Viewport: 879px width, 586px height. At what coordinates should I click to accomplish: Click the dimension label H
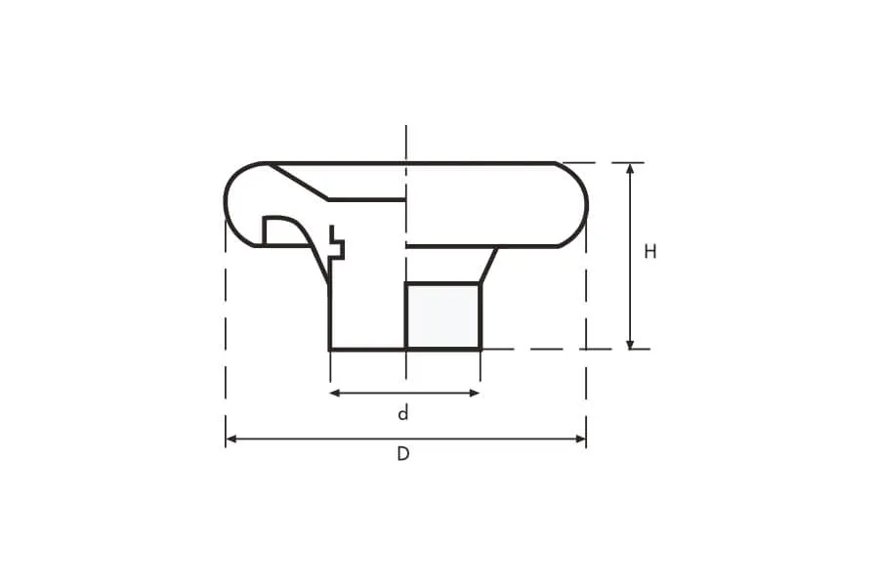[649, 252]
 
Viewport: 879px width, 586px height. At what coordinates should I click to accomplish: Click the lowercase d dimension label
[403, 414]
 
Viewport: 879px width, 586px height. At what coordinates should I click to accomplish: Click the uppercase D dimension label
[403, 453]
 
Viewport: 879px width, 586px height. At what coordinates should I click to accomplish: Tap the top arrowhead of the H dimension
[630, 169]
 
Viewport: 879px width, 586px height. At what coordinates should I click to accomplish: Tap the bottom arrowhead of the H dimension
[630, 343]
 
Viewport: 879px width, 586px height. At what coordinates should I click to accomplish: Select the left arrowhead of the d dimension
[336, 393]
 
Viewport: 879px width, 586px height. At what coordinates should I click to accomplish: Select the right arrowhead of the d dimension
[475, 393]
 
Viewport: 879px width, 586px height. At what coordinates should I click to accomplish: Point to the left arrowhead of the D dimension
[231, 439]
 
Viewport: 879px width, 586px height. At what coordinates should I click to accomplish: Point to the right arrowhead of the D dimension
[580, 439]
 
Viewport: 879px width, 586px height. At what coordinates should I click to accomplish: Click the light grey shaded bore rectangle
[442, 316]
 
